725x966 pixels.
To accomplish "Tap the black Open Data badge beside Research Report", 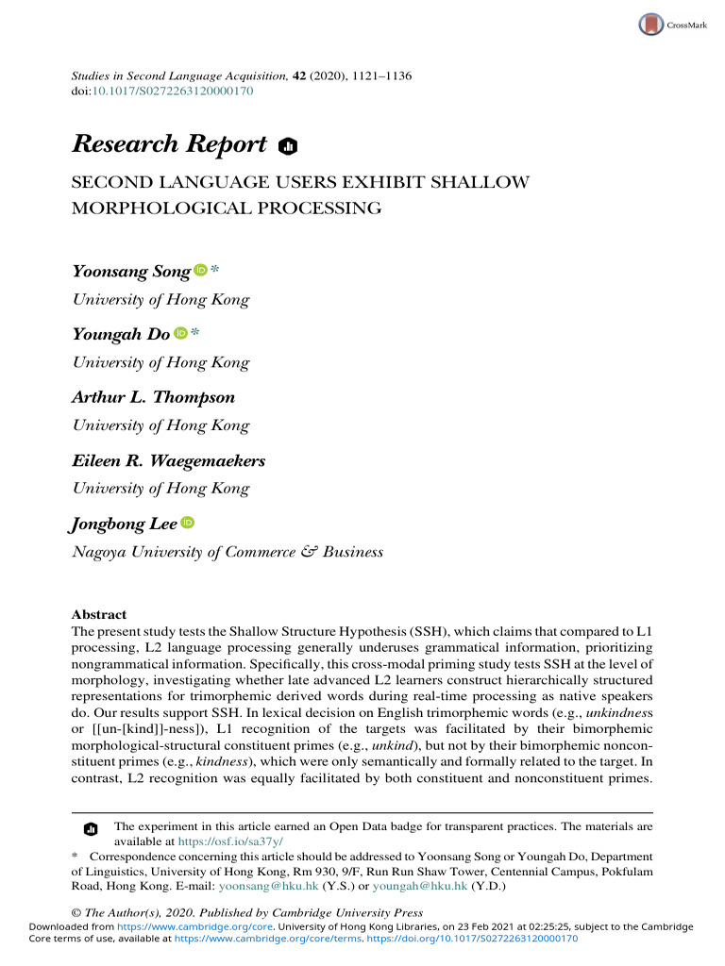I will [289, 145].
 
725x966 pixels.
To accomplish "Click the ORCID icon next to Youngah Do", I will [180, 333].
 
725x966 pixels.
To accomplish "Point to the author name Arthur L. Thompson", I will [153, 397].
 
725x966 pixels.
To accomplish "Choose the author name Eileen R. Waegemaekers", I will [169, 460].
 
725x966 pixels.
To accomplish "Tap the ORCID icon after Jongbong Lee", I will [187, 523].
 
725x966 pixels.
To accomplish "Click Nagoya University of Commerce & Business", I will [228, 552].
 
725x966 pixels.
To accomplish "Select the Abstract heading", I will [99, 614].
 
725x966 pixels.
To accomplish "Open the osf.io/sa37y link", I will [230, 841].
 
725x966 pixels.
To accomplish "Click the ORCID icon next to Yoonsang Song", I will [200, 271].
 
